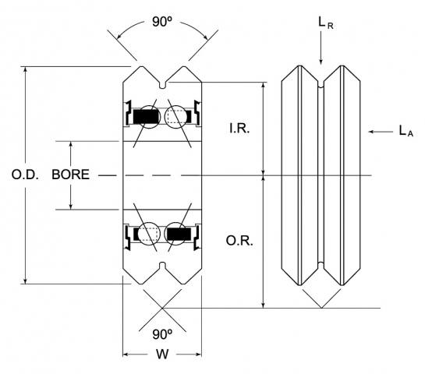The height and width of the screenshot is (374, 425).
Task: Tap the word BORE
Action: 70,175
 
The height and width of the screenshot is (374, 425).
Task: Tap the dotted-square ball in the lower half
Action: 147,233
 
